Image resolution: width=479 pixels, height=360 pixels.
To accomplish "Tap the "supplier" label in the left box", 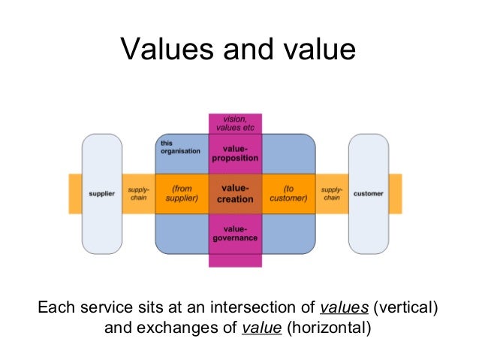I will click(101, 194).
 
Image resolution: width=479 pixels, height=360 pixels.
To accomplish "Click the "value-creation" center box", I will click(234, 194).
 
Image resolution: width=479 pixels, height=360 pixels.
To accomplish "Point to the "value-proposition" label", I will click(234, 153).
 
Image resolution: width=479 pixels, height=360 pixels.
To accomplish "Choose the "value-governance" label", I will click(234, 233).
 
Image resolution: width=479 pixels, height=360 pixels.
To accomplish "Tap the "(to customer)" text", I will click(288, 194).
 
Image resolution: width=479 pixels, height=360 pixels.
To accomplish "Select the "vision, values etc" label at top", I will click(234, 123).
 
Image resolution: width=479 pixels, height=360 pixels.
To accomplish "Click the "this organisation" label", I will click(179, 147).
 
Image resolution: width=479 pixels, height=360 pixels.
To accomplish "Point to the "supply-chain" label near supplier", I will click(137, 194).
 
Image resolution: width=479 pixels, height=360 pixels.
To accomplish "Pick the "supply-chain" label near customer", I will click(331, 194).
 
